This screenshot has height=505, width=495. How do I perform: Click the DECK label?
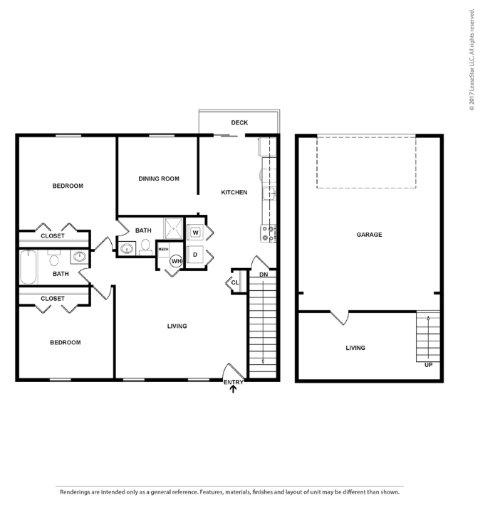pyautogui.click(x=239, y=122)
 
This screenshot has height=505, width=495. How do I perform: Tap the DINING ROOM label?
pyautogui.click(x=159, y=179)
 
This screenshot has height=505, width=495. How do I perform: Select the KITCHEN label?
pyautogui.click(x=234, y=192)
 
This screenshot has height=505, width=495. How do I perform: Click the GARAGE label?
pyautogui.click(x=369, y=235)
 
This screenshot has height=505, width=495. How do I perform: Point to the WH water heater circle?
pyautogui.click(x=177, y=261)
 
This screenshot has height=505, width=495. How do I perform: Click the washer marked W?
pyautogui.click(x=195, y=233)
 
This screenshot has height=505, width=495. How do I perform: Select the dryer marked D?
pyautogui.click(x=194, y=255)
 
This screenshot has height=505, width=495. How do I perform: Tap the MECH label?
pyautogui.click(x=163, y=249)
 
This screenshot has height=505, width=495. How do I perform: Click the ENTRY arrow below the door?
pyautogui.click(x=233, y=389)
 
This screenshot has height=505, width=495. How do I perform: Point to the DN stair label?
pyautogui.click(x=264, y=275)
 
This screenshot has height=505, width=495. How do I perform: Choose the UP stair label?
pyautogui.click(x=428, y=365)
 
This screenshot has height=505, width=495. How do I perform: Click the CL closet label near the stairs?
pyautogui.click(x=235, y=282)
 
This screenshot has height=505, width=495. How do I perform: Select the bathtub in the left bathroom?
pyautogui.click(x=28, y=267)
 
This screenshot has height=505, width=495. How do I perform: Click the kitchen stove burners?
pyautogui.click(x=269, y=233)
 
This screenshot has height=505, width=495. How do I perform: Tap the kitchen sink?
pyautogui.click(x=269, y=193)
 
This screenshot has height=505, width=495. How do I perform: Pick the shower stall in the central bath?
pyautogui.click(x=174, y=228)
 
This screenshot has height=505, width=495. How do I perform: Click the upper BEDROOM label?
pyautogui.click(x=68, y=186)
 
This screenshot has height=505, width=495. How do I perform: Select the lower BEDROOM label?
pyautogui.click(x=65, y=342)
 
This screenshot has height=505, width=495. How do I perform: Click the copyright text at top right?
pyautogui.click(x=471, y=60)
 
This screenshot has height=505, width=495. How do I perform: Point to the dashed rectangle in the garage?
pyautogui.click(x=366, y=188)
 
